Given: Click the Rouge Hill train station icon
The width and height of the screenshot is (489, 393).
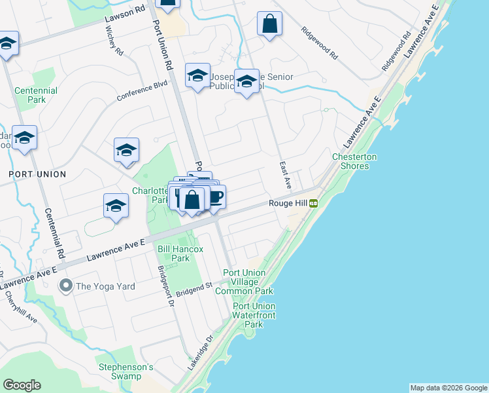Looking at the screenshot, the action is pos(314,204).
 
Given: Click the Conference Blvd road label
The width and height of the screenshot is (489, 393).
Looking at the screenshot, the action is pos(143,90).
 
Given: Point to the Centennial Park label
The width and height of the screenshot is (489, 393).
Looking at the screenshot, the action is pos(36,95).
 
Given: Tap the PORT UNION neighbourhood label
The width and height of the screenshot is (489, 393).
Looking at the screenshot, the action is pos(37,174).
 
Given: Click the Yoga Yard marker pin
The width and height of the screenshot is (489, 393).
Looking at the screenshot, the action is pos(65,285).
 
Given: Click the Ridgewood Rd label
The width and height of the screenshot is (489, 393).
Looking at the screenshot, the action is pos(318,41).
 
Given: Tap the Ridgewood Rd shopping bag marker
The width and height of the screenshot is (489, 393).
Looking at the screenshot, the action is pos(269,25).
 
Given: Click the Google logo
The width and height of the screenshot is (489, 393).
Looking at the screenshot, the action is pos(22,385).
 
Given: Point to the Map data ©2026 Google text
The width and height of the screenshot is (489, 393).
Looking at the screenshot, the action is pos(448,388).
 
